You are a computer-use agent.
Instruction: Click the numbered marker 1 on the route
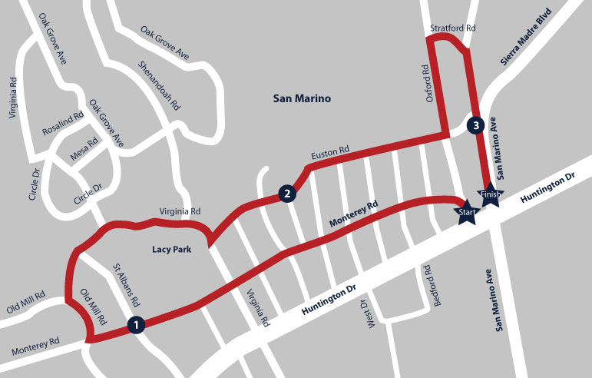[136, 325]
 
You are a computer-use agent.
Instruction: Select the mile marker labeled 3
[476, 124]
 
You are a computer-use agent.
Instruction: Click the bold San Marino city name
[302, 98]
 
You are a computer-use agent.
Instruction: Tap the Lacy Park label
[170, 249]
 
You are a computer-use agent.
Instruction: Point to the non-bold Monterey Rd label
[35, 347]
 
